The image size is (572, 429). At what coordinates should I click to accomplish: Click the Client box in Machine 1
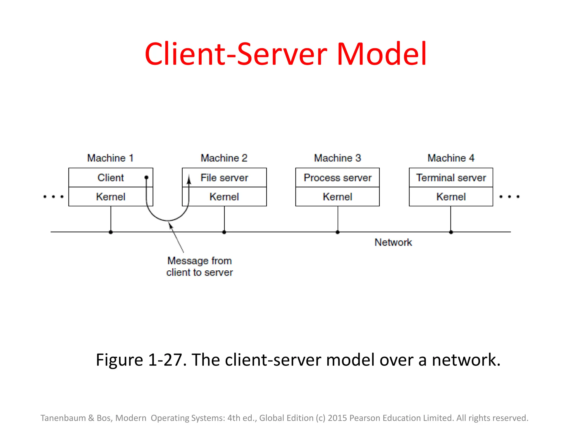coord(111,178)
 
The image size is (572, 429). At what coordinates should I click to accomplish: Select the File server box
coord(224,178)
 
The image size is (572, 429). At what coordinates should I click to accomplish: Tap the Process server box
coord(337,178)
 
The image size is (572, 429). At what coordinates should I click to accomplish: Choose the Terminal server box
coord(451,178)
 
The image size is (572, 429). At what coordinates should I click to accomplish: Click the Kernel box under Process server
coord(337,197)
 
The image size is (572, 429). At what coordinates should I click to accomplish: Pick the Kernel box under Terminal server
coord(451,197)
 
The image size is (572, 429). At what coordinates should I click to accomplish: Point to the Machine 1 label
coord(110,158)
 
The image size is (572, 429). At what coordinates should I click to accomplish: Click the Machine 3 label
coord(337,158)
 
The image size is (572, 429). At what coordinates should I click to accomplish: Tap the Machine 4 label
coord(451,158)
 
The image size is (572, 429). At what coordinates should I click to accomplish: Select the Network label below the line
coord(393,242)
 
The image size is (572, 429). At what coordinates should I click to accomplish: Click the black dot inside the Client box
coord(146,177)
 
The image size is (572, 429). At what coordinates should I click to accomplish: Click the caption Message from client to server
coord(199,266)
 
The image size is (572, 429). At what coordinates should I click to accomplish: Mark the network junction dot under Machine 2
coord(224,232)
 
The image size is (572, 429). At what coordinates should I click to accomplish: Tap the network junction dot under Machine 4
coord(451,232)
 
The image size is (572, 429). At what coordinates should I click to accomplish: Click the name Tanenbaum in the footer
coord(63,418)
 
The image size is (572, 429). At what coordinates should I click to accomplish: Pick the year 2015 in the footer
coord(337,418)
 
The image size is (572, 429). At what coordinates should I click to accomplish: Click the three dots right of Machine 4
coord(509,197)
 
